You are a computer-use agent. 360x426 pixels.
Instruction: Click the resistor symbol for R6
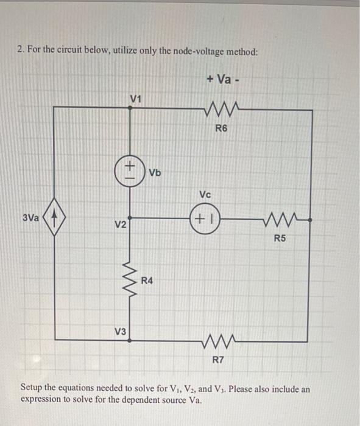click(224, 110)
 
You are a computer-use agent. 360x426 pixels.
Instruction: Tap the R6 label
click(224, 129)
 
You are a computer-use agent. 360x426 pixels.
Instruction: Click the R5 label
click(279, 238)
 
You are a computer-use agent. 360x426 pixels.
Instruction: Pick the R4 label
click(147, 281)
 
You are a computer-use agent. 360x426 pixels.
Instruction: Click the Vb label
click(155, 172)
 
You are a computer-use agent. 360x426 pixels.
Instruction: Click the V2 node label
click(121, 226)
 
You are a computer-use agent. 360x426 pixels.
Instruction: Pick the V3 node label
click(121, 332)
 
